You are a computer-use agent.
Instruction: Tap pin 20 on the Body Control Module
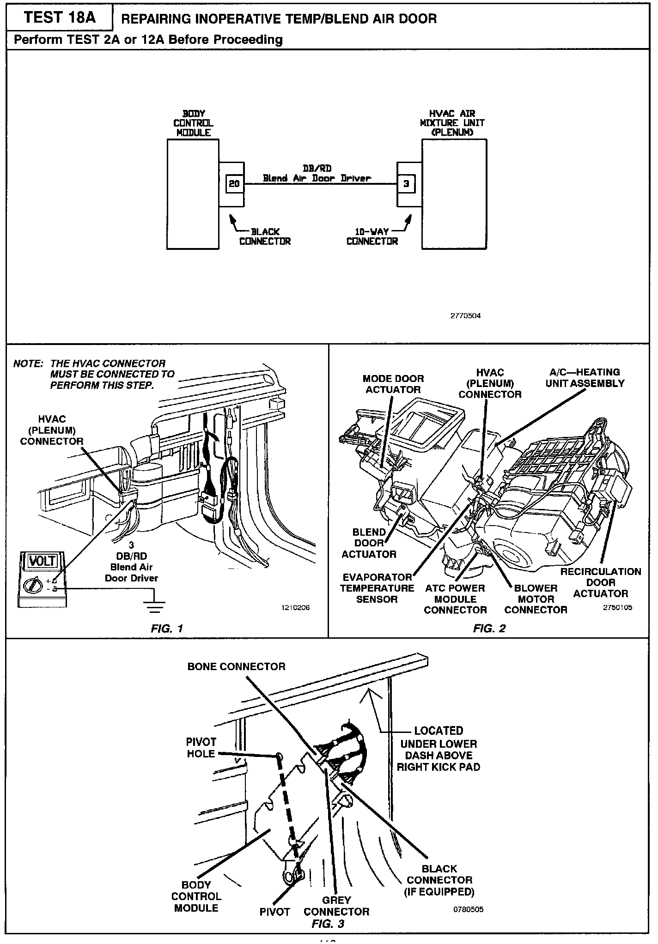click(234, 184)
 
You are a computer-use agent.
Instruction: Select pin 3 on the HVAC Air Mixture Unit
click(406, 184)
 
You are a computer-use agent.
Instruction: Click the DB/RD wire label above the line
click(317, 169)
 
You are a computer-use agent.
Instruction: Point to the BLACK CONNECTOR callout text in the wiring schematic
click(265, 236)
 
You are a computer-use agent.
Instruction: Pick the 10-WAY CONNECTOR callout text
click(372, 236)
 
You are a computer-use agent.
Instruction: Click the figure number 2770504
click(465, 316)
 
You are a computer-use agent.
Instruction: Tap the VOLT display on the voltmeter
click(42, 562)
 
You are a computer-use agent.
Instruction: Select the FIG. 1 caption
click(167, 628)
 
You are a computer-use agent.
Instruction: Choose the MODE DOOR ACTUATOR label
click(393, 384)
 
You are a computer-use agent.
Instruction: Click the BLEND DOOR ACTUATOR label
click(369, 543)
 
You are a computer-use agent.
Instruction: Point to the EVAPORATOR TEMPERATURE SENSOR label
click(377, 588)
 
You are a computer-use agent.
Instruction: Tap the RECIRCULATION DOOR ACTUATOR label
click(601, 582)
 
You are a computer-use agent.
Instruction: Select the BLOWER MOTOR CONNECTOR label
click(536, 599)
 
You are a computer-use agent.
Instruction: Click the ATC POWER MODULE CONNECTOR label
click(455, 599)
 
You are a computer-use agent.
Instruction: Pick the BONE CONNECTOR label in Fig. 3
click(236, 666)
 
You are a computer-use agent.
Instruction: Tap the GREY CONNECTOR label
click(336, 906)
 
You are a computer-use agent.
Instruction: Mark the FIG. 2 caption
click(489, 628)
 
